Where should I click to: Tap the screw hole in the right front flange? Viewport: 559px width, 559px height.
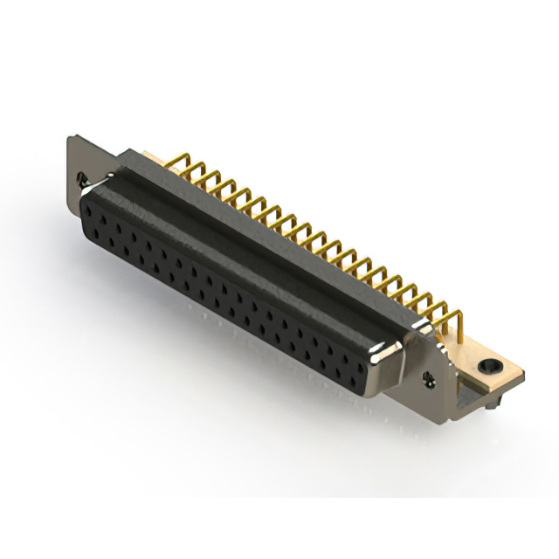(x=430, y=377)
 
